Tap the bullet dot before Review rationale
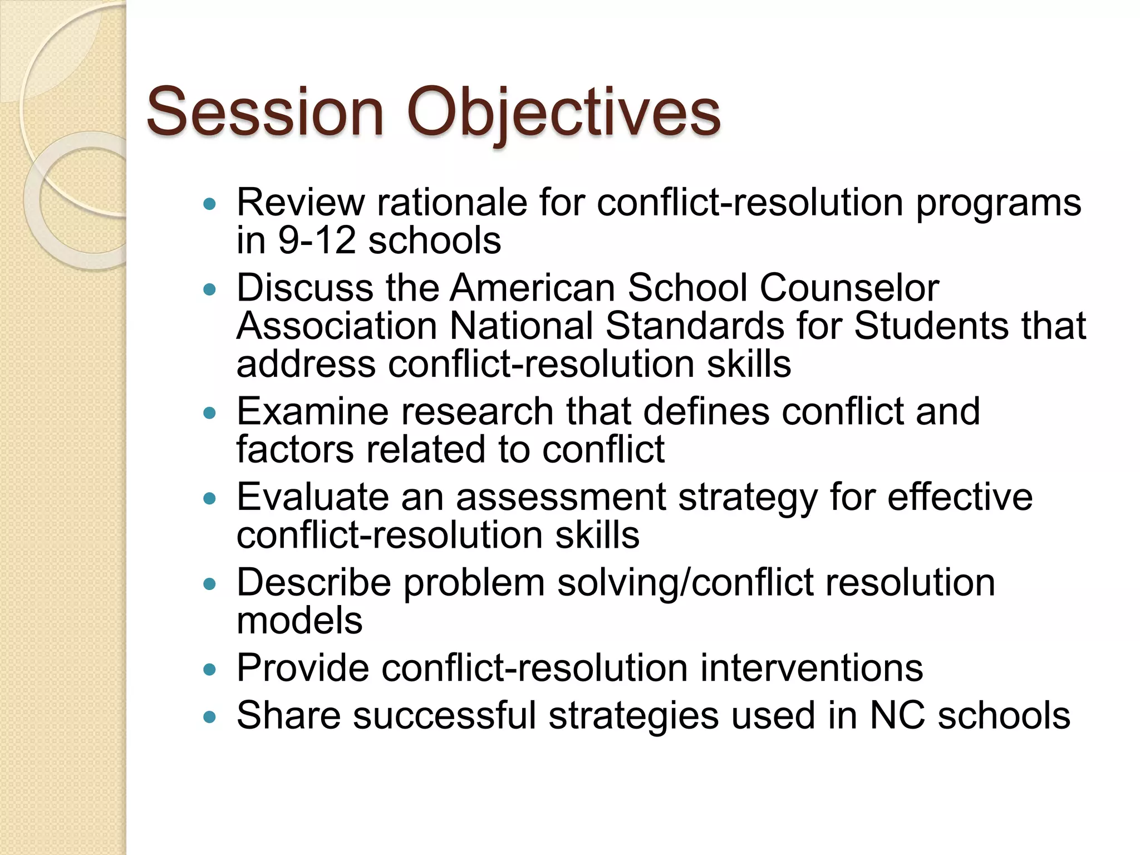pos(209,204)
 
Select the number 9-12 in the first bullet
pos(316,240)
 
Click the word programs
pos(999,204)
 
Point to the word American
pos(532,288)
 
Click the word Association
pos(337,326)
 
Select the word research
pos(476,412)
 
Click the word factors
pos(295,449)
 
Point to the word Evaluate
pos(312,497)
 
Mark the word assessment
pos(561,498)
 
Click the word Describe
pos(314,583)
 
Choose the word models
pos(299,621)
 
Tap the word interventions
pos(811,668)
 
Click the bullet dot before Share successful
pos(209,717)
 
